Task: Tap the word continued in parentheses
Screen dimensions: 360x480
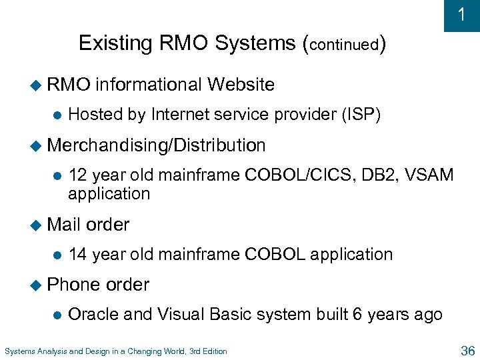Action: click(x=344, y=45)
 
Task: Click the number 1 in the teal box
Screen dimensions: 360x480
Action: click(x=462, y=15)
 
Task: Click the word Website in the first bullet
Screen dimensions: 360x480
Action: click(x=241, y=85)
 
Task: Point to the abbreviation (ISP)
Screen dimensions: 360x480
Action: click(x=360, y=115)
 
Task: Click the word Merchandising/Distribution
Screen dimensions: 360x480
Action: click(x=157, y=145)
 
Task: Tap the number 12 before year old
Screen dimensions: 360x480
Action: click(x=78, y=175)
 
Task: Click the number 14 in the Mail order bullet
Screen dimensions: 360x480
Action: click(x=78, y=254)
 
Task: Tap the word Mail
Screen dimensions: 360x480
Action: click(x=65, y=225)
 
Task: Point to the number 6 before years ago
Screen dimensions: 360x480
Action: click(x=357, y=314)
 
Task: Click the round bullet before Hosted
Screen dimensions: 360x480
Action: click(x=57, y=115)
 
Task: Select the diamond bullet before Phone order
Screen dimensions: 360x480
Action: click(x=37, y=285)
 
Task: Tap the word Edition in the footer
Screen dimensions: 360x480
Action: click(x=213, y=351)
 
